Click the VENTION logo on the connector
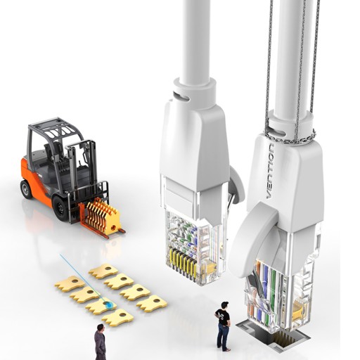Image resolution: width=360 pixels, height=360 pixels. click(x=271, y=171)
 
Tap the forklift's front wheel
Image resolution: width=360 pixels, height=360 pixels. click(x=60, y=208)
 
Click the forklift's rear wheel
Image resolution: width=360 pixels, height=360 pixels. click(x=26, y=189)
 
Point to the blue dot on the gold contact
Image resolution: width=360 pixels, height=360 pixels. click(x=108, y=304)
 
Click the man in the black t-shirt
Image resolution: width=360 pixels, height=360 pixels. click(x=223, y=326)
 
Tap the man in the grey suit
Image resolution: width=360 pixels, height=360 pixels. click(x=100, y=341)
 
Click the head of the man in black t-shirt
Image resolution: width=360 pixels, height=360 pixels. click(x=224, y=306)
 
